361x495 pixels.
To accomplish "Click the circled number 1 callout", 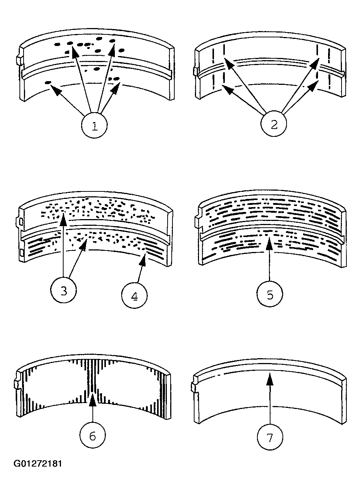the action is pos(95,125).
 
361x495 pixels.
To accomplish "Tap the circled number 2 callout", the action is pos(274,124).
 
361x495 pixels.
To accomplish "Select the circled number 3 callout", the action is pos(64,291).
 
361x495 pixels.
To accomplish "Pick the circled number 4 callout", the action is pos(134,296).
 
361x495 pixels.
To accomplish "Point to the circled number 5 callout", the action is pos(270,294).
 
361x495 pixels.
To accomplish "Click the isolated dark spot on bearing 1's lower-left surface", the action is pos(48,83).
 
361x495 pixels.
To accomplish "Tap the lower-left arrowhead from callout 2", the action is pos(227,89).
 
